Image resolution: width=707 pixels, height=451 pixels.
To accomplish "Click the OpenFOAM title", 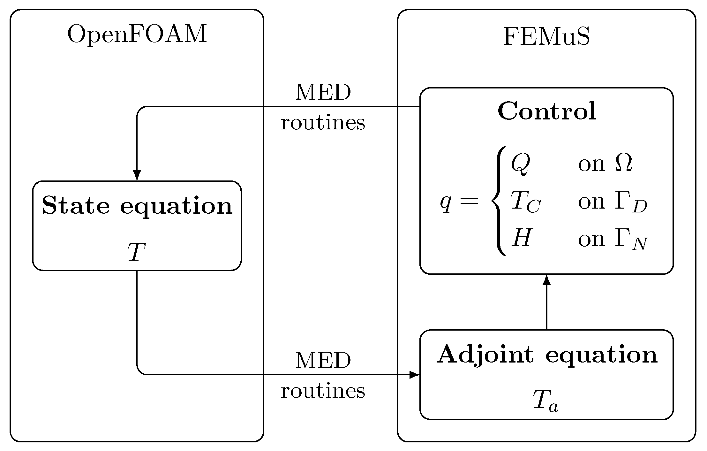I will point(137,34).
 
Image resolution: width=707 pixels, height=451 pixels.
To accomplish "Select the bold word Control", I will point(547,111).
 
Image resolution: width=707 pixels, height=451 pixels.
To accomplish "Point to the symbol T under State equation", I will point(137,252).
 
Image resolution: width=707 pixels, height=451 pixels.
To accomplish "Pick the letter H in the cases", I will point(521,239).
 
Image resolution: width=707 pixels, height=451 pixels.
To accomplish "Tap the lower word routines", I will point(323,390).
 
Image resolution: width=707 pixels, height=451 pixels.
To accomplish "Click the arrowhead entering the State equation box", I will point(137,176).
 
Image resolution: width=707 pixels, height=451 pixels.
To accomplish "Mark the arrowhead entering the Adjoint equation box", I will point(414,375).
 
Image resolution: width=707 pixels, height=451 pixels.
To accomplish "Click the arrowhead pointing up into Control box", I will point(547,279).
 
